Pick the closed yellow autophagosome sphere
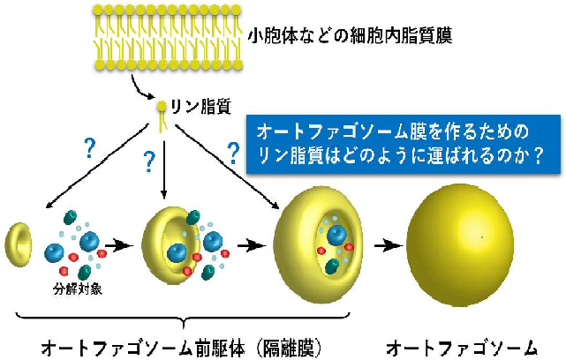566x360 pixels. (460, 240)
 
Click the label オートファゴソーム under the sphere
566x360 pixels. (462, 345)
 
